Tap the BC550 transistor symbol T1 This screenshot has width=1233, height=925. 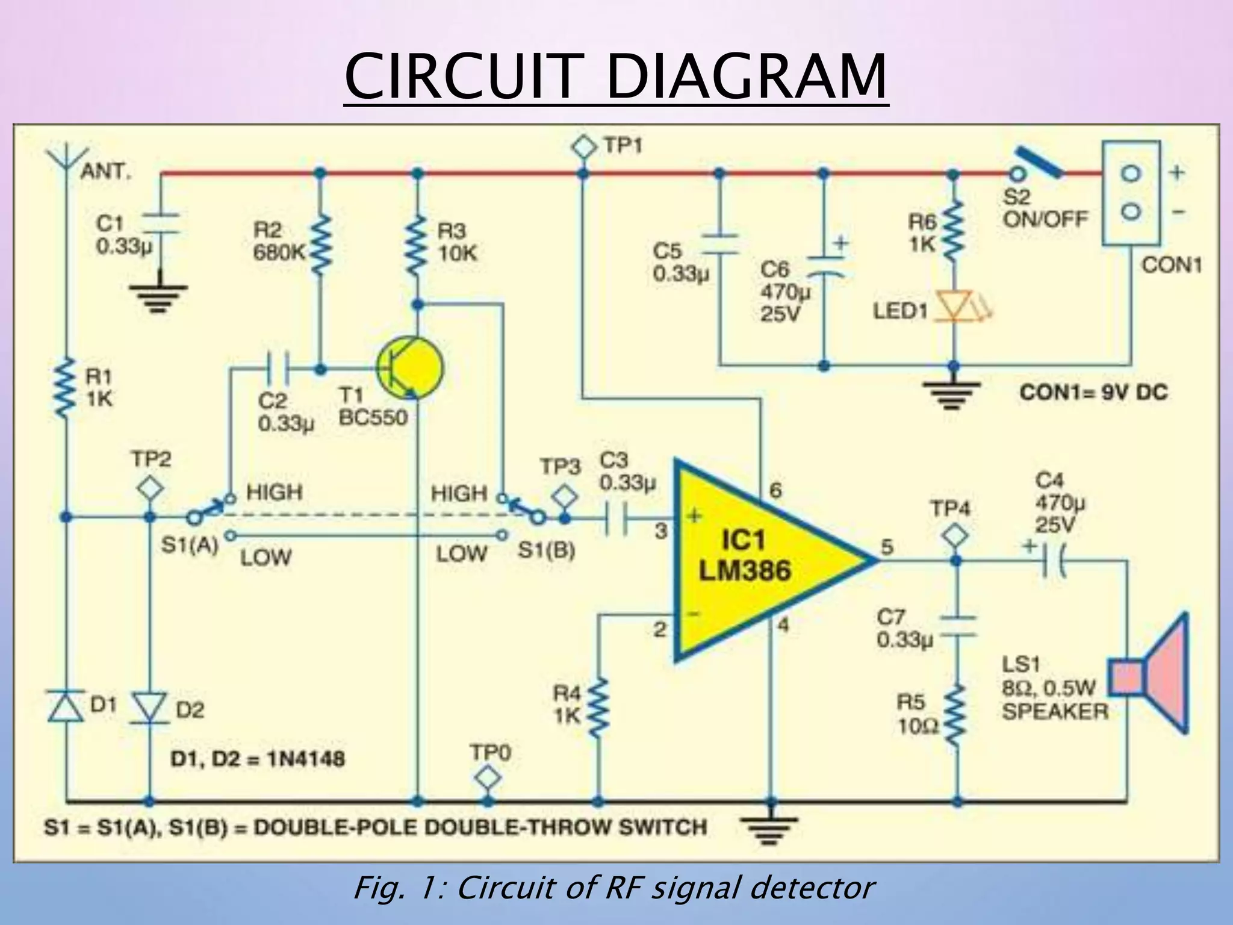(409, 367)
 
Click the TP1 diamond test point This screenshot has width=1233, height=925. (583, 146)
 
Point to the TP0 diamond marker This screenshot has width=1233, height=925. (487, 779)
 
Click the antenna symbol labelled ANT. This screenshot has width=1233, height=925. (66, 158)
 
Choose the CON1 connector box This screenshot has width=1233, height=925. (1131, 193)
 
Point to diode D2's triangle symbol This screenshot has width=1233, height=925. (149, 708)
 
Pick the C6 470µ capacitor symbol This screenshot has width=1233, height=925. (824, 266)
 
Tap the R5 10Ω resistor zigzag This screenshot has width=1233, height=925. (956, 715)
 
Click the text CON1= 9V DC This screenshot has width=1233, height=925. (1093, 393)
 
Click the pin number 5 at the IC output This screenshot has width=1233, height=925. (887, 547)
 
